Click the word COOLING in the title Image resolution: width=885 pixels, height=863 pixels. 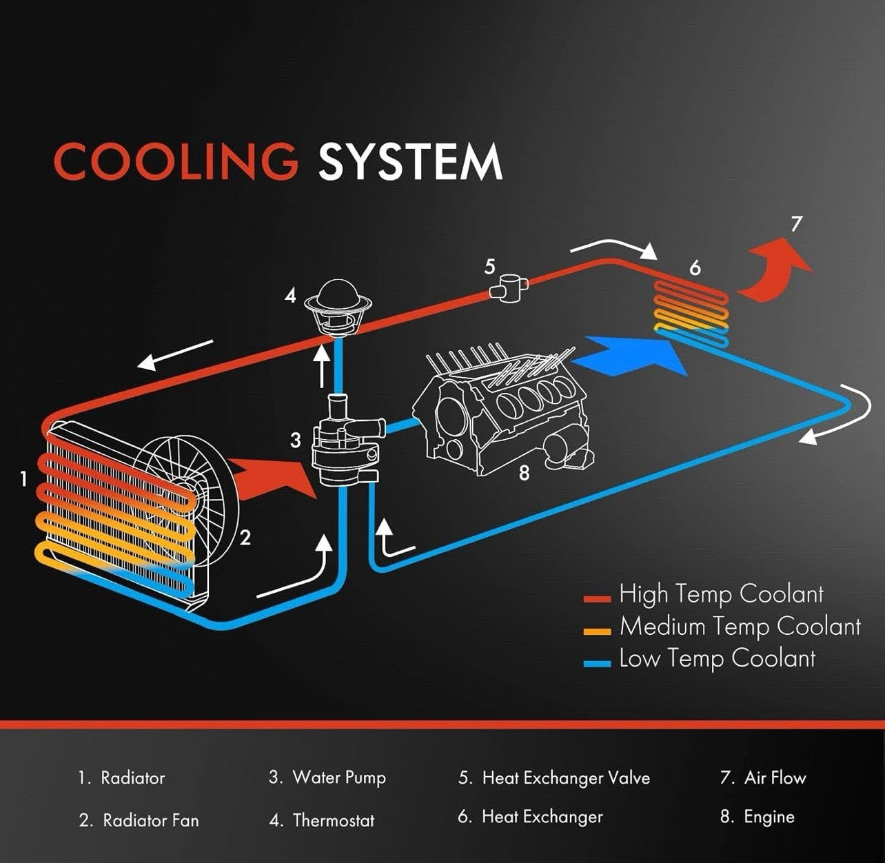click(x=176, y=162)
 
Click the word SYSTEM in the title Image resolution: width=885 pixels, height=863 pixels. click(x=409, y=162)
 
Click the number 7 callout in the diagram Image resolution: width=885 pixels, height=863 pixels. click(x=797, y=225)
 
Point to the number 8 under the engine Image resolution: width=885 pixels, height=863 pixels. click(x=524, y=474)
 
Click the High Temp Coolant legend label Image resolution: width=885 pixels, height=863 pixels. click(x=721, y=594)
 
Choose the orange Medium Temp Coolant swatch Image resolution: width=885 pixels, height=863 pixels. click(x=597, y=630)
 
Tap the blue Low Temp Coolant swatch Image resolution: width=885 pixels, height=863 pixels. click(x=597, y=662)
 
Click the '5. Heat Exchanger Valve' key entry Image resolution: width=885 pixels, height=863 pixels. click(x=554, y=778)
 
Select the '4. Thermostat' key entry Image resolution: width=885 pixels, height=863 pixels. click(x=322, y=820)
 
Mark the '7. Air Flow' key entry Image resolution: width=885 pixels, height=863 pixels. click(x=763, y=778)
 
